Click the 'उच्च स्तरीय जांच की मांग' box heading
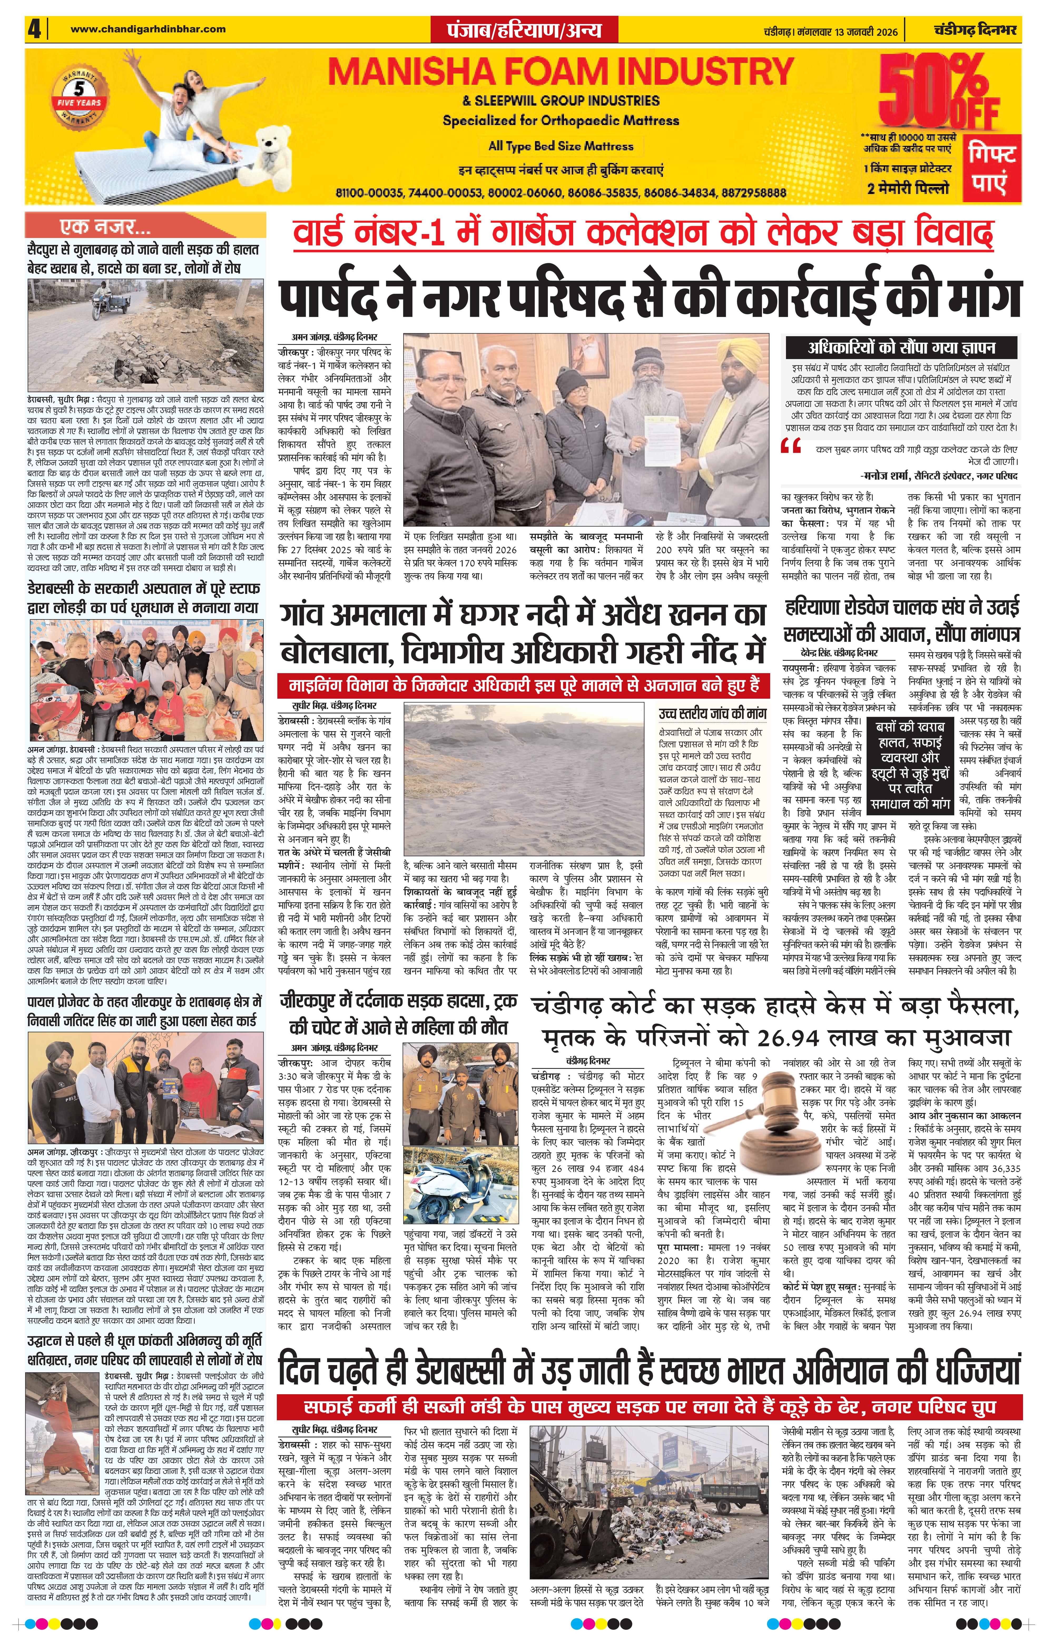(712, 713)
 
